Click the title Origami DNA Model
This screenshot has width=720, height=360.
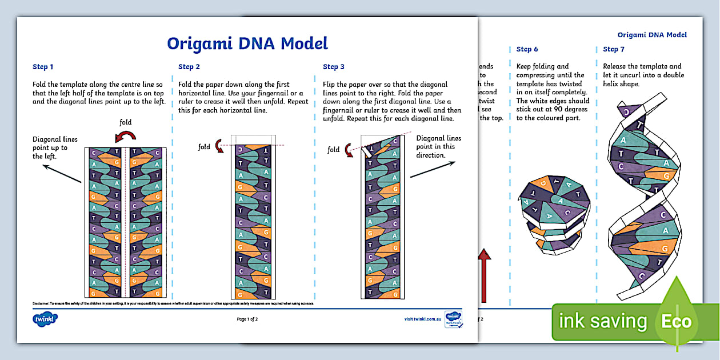[x=247, y=43]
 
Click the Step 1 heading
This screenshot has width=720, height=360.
[x=43, y=67]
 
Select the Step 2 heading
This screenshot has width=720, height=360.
[x=189, y=67]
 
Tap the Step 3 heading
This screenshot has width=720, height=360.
[x=334, y=67]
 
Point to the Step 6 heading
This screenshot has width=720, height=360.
[x=527, y=49]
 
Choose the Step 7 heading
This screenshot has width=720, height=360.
[x=614, y=49]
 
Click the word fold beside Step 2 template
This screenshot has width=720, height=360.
[x=204, y=147]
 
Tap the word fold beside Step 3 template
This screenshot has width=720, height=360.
[x=334, y=150]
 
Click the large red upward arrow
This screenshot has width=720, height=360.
[x=485, y=274]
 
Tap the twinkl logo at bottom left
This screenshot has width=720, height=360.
[x=46, y=319]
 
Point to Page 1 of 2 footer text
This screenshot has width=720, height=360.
[x=247, y=319]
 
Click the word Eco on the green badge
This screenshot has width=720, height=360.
[x=676, y=321]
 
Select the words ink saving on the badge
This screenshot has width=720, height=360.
[x=603, y=322]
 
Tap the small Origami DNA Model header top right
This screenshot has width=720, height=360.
[x=652, y=35]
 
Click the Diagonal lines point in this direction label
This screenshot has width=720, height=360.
[x=439, y=146]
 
